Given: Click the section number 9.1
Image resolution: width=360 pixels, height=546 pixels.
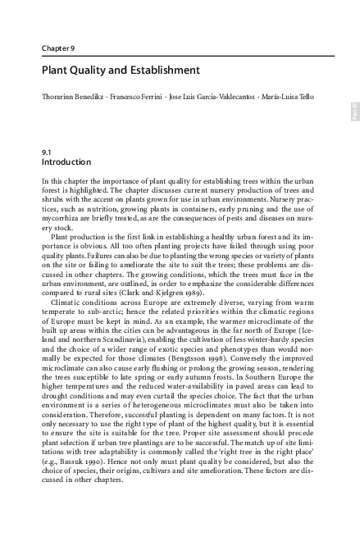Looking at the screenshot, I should [46, 152].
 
